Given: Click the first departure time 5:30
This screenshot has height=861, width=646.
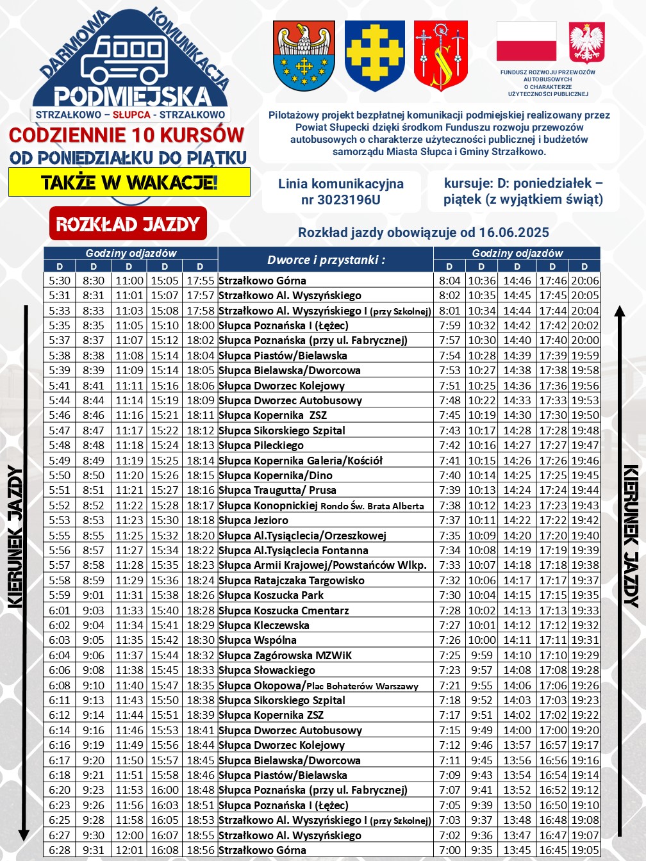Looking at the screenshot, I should [x=60, y=281].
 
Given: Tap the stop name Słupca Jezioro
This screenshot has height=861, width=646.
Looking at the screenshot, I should [x=254, y=520].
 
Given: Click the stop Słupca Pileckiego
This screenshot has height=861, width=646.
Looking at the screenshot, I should [x=261, y=445].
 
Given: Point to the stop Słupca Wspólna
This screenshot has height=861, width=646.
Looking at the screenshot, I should [x=258, y=640].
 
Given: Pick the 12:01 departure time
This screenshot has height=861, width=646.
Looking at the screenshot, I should [x=129, y=850].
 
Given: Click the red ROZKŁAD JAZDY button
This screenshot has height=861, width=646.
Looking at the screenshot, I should [x=128, y=224].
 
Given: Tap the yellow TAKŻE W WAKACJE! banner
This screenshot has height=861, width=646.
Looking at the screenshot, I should [x=129, y=183].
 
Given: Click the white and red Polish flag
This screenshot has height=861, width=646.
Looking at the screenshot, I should [x=526, y=42].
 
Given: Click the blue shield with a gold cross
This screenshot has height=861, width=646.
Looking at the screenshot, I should [x=375, y=56].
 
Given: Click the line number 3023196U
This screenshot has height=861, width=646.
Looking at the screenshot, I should [x=341, y=200].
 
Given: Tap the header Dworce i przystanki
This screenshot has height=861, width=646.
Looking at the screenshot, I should [x=326, y=260].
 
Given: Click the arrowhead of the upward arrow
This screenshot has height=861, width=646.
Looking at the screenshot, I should [x=619, y=312].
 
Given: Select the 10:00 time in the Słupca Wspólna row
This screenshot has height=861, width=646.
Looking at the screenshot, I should [x=482, y=640].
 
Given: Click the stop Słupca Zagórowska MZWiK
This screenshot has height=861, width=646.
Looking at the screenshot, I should [x=285, y=655].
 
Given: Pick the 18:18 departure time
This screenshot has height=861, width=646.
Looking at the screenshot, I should [x=201, y=520].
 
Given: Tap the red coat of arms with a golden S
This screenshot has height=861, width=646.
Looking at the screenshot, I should [x=441, y=56].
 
